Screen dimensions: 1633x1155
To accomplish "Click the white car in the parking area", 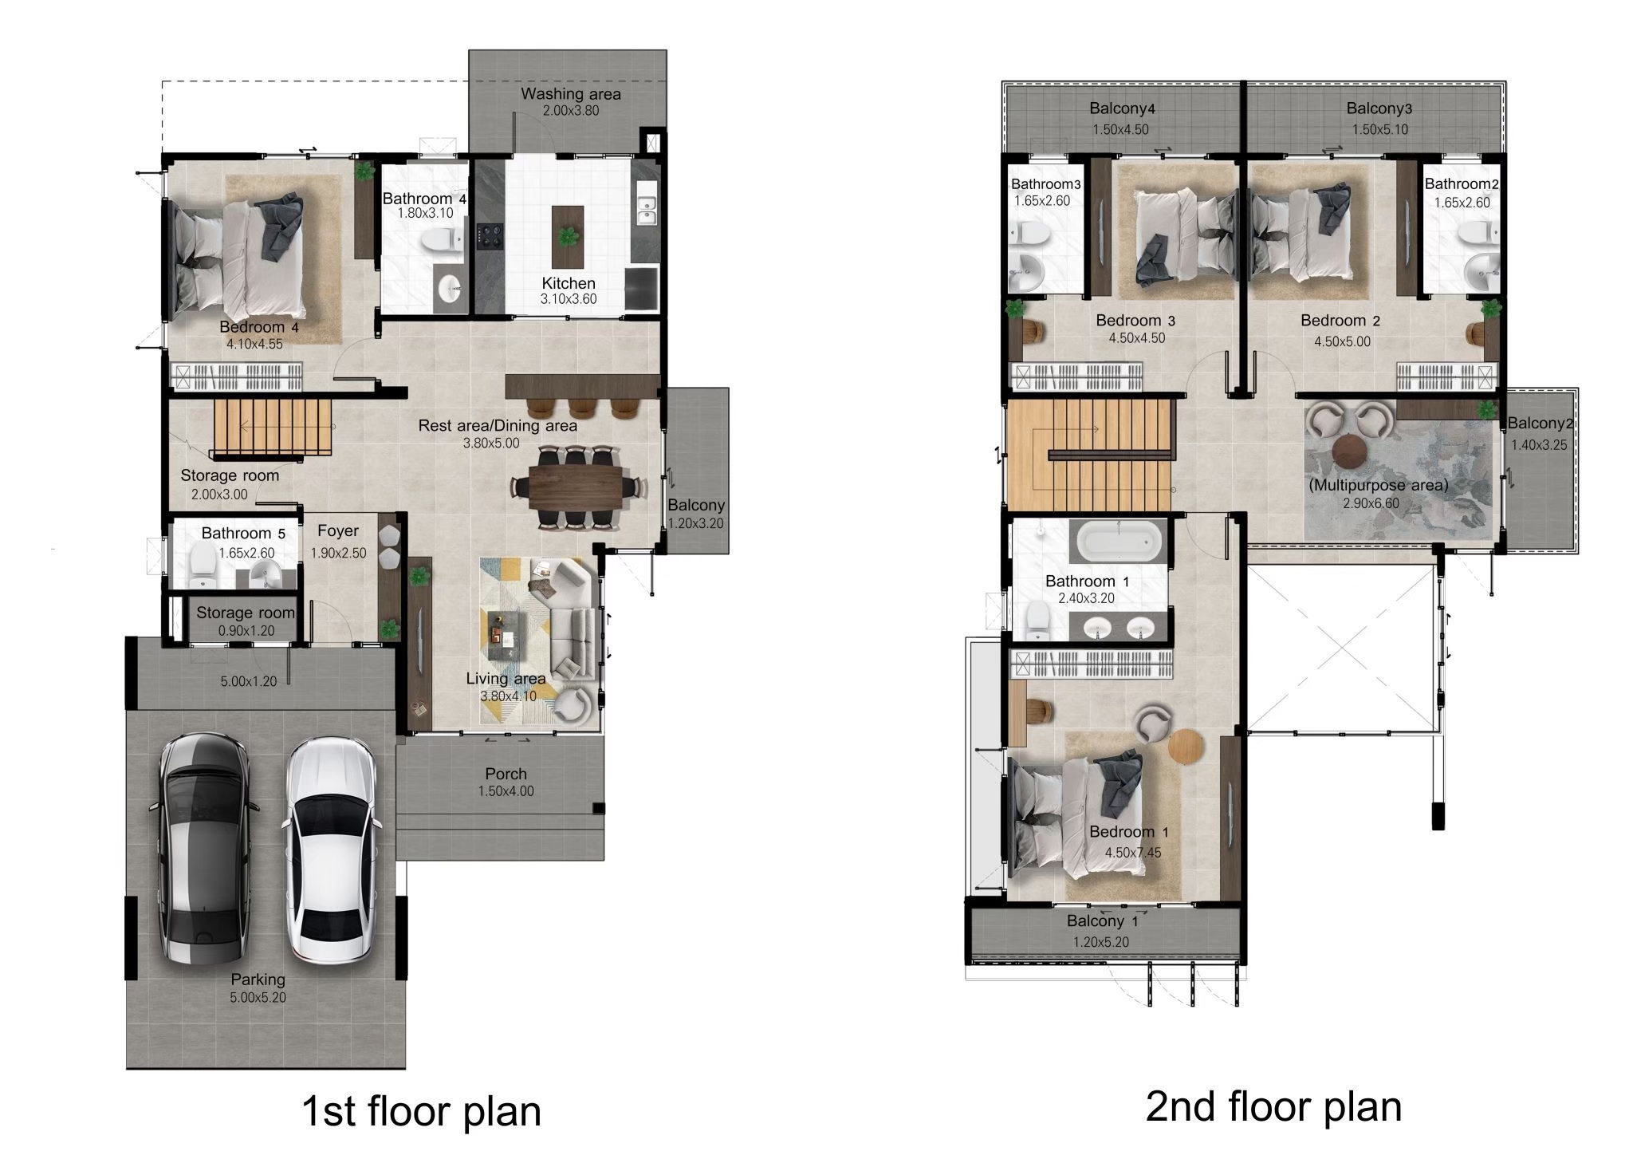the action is click(x=331, y=849).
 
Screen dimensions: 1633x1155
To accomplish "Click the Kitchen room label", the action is click(x=569, y=283).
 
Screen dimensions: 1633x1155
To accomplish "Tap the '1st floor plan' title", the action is click(x=421, y=1111).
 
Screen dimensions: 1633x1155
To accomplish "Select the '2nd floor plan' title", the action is click(x=1273, y=1106).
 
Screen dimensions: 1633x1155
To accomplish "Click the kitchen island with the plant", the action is click(x=568, y=237).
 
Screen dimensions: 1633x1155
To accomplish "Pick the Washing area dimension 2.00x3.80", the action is click(x=571, y=111).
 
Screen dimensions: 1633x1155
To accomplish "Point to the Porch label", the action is click(x=506, y=774).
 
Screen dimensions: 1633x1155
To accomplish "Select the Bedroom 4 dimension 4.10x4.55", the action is click(x=254, y=345).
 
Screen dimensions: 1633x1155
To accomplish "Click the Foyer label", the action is click(x=338, y=531).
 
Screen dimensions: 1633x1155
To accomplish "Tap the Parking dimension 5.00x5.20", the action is click(x=258, y=997).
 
